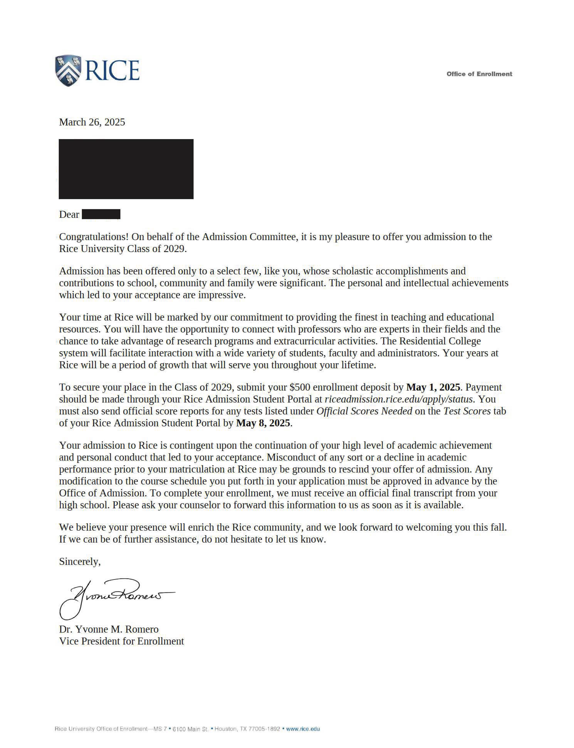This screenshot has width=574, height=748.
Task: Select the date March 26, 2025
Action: point(92,122)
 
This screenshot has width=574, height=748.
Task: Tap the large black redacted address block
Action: point(126,169)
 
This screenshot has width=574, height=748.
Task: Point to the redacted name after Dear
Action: point(101,214)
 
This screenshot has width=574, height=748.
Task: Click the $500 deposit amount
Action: point(300,387)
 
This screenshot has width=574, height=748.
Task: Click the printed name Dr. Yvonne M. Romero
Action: point(109,629)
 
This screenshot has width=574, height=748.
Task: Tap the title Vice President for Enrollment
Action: point(121,641)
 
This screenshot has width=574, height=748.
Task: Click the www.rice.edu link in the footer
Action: point(303,729)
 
